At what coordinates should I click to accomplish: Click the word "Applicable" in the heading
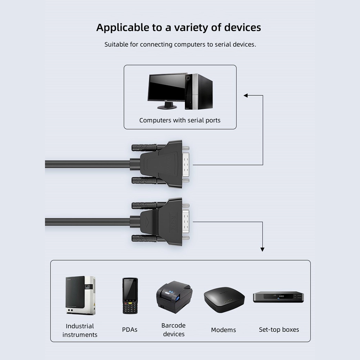[x=123, y=28]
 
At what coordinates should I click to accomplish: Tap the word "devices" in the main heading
[x=242, y=27]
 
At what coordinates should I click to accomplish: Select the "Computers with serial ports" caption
[x=180, y=120]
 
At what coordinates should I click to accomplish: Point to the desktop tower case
[x=199, y=91]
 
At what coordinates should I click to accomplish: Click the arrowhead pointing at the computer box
[x=246, y=95]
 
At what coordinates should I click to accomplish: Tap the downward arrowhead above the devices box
[x=262, y=249]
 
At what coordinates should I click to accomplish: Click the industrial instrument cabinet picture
[x=80, y=295]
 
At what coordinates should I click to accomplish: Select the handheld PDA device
[x=130, y=296]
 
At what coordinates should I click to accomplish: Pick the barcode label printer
[x=174, y=297]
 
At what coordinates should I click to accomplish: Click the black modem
[x=224, y=300]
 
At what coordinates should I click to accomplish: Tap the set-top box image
[x=278, y=297]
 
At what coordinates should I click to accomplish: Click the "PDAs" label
[x=130, y=330]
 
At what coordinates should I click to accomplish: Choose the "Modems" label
[x=224, y=330]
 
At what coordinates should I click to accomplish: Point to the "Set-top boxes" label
[x=279, y=330]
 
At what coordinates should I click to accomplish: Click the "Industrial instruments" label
[x=80, y=330]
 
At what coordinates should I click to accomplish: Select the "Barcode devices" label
[x=174, y=330]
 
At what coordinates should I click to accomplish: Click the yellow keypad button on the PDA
[x=130, y=303]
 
